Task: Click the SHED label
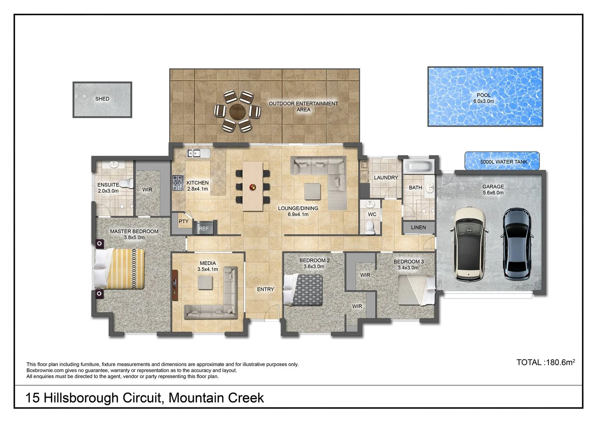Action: tap(102, 99)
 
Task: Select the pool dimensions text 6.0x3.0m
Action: tap(483, 101)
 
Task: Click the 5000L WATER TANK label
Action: tap(504, 162)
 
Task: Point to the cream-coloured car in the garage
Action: tap(468, 244)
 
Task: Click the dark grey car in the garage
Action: tap(517, 244)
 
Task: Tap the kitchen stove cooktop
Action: tap(178, 182)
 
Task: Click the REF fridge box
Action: tap(204, 229)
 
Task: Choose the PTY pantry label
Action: tap(183, 222)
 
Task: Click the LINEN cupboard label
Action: tap(418, 227)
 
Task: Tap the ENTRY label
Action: tap(265, 290)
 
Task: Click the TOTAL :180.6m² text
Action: tap(545, 362)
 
